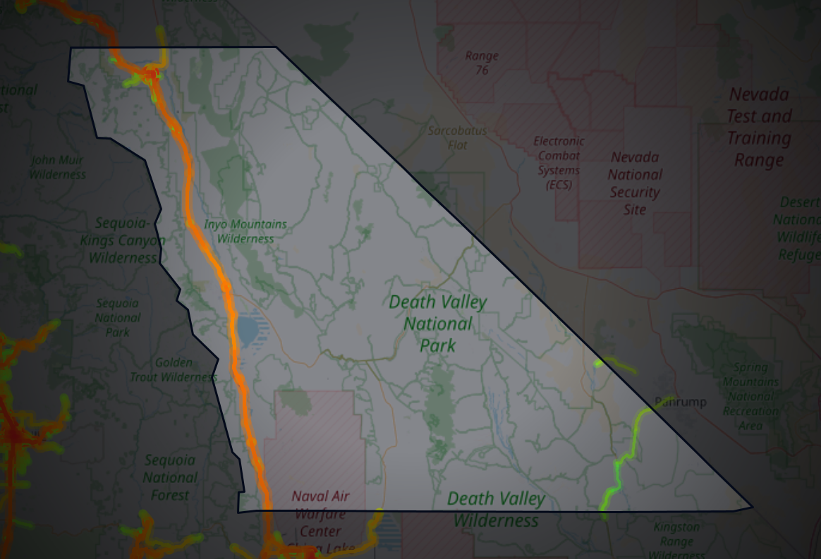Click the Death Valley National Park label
pyautogui.click(x=437, y=324)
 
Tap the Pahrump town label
pyautogui.click(x=680, y=403)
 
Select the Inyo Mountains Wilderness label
pyautogui.click(x=245, y=231)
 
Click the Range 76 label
pyautogui.click(x=482, y=63)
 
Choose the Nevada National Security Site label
pyautogui.click(x=635, y=183)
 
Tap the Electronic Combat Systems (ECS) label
pyautogui.click(x=559, y=163)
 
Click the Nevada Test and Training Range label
pyautogui.click(x=759, y=127)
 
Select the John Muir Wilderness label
pyautogui.click(x=57, y=167)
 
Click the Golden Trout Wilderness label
pyautogui.click(x=174, y=370)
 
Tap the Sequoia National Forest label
pyautogui.click(x=170, y=477)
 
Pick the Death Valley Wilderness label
pyautogui.click(x=496, y=510)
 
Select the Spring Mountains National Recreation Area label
pyautogui.click(x=750, y=396)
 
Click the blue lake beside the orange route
pyautogui.click(x=248, y=329)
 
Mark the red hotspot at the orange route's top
pyautogui.click(x=150, y=73)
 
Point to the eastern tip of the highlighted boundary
pyautogui.click(x=752, y=506)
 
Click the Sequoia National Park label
pyautogui.click(x=118, y=317)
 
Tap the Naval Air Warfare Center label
pyautogui.click(x=320, y=514)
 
